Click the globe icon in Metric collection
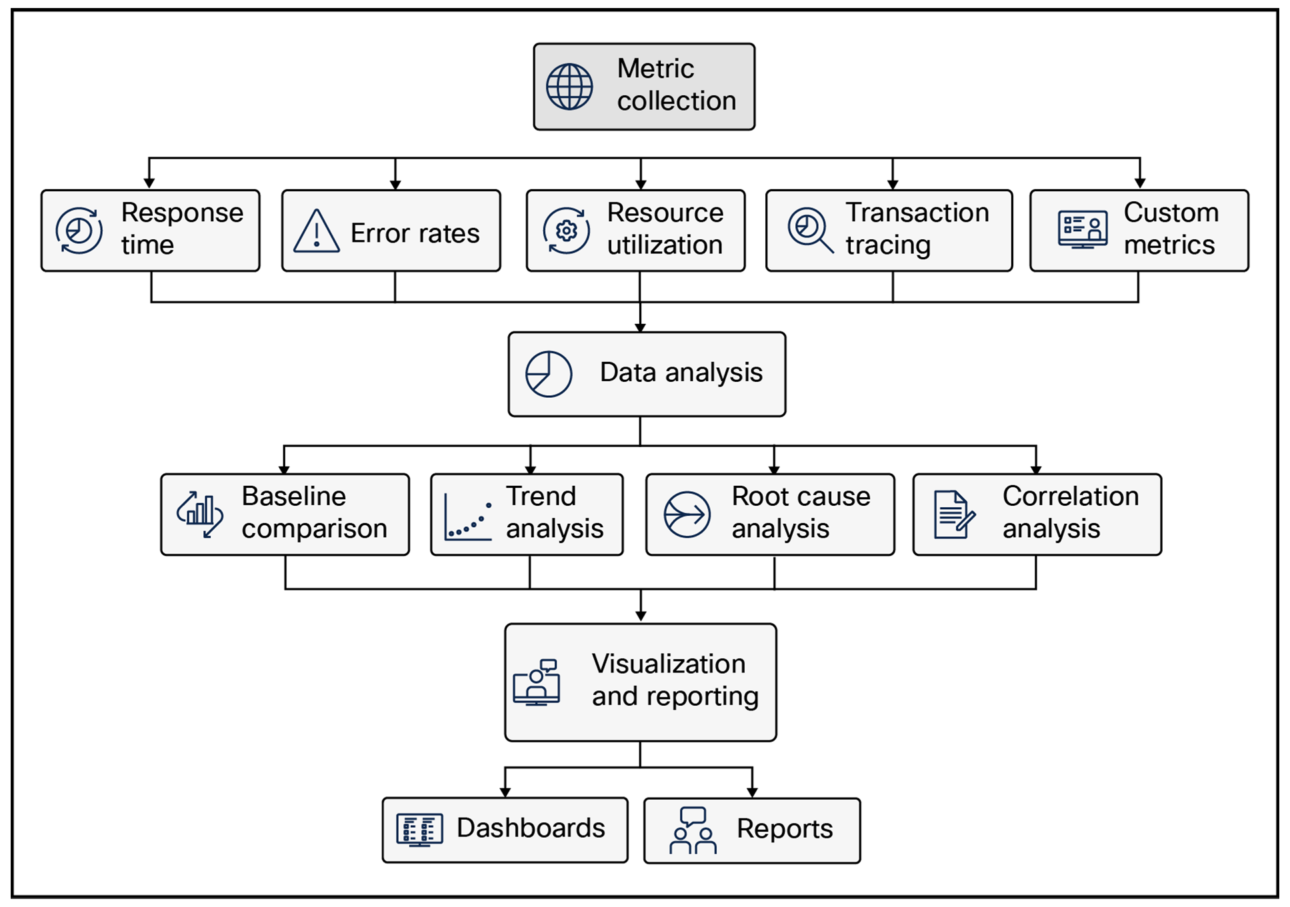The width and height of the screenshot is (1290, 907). click(x=569, y=87)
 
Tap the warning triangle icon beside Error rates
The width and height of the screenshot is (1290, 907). click(x=317, y=231)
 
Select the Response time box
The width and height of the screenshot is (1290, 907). click(x=150, y=231)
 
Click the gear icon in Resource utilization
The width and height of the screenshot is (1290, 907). click(x=567, y=231)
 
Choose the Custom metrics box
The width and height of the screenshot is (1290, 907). click(x=1139, y=231)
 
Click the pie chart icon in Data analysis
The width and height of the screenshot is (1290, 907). click(x=548, y=375)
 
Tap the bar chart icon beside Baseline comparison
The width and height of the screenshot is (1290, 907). click(x=199, y=514)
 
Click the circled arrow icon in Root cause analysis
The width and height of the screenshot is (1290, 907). click(x=687, y=514)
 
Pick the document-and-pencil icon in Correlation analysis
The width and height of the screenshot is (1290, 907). click(x=954, y=514)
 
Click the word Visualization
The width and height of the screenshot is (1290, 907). click(x=668, y=664)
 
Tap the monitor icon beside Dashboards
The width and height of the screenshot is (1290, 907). click(x=419, y=830)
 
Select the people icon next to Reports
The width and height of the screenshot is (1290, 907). click(x=693, y=830)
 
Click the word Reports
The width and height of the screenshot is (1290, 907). click(x=785, y=829)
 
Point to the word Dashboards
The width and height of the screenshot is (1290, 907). click(x=531, y=828)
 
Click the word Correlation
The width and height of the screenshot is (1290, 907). click(x=1070, y=496)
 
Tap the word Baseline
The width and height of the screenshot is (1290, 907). click(x=293, y=496)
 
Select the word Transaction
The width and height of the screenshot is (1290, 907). click(x=917, y=213)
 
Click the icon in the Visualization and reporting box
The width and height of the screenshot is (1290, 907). click(x=537, y=682)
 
